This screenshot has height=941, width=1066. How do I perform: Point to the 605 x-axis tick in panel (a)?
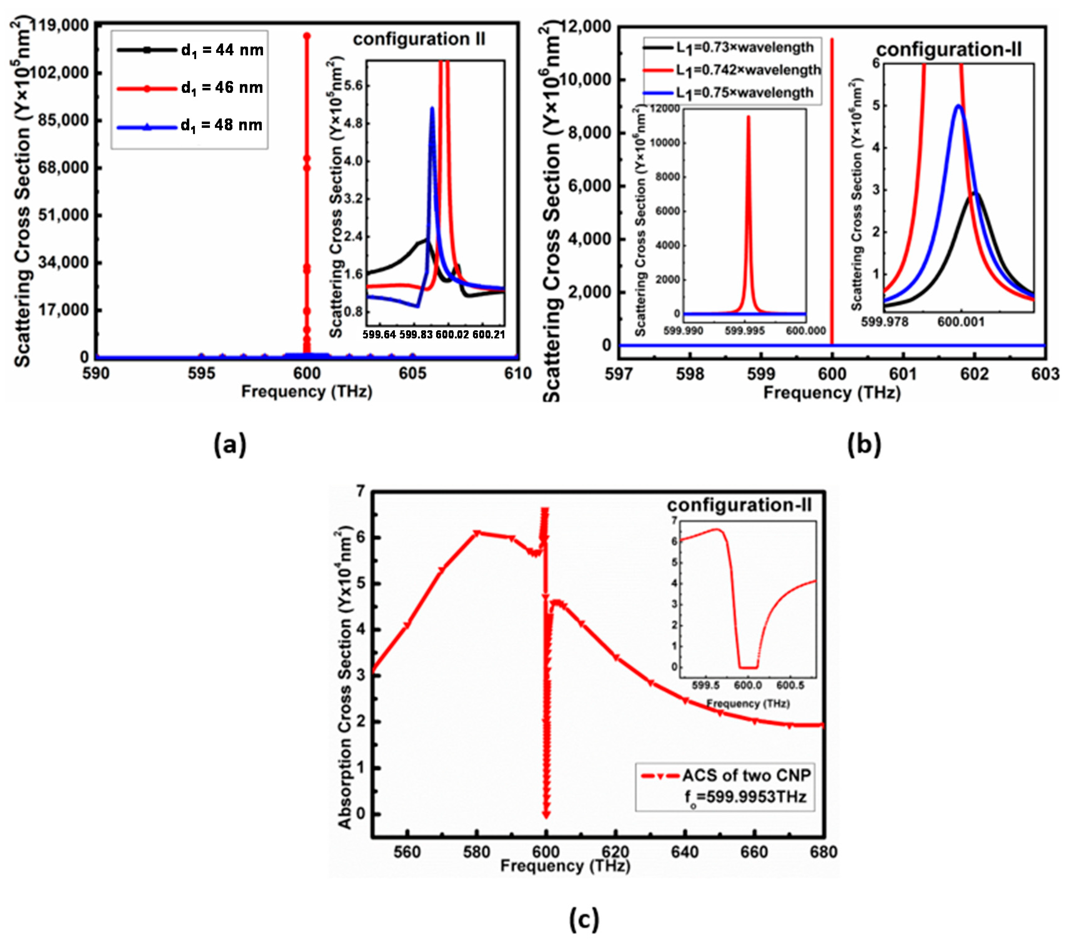click(412, 374)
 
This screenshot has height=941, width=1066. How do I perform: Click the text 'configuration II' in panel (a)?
click(419, 39)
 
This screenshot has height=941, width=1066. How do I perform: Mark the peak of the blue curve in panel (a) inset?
click(432, 108)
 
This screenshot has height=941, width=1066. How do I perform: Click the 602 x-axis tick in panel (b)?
click(974, 374)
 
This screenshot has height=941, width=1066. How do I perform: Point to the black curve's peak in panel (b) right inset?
click(974, 193)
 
